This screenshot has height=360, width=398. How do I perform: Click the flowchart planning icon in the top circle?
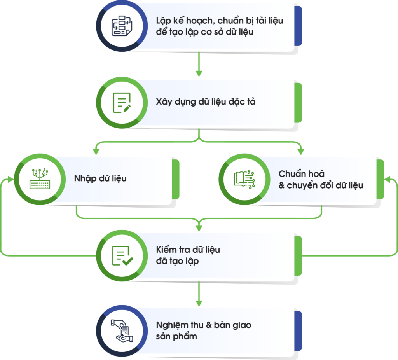click(x=122, y=26)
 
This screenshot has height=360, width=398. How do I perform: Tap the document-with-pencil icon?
click(x=122, y=103)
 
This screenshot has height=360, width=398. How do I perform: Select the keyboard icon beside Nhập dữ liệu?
click(x=40, y=178)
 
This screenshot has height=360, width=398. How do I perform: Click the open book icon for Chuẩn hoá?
click(x=244, y=179)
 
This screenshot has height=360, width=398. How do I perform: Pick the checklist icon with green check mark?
click(x=122, y=256)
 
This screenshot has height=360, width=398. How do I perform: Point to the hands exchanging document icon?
click(x=122, y=331)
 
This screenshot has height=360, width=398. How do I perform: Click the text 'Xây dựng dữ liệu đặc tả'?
click(x=206, y=102)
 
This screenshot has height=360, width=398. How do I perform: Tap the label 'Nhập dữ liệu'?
click(x=100, y=178)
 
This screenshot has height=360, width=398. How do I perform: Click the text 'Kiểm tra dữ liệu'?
click(x=188, y=250)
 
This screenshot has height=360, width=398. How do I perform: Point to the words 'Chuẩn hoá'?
click(x=302, y=174)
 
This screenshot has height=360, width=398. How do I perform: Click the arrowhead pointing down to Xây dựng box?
click(x=199, y=73)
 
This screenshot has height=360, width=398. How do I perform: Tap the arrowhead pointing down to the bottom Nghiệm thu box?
click(x=199, y=303)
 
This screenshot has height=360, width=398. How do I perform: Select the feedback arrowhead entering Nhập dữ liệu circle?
click(x=11, y=180)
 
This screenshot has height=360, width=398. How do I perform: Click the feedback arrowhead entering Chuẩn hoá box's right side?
click(x=388, y=180)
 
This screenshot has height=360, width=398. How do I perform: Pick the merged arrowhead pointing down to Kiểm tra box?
click(x=199, y=228)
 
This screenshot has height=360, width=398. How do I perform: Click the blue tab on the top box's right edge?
click(x=298, y=26)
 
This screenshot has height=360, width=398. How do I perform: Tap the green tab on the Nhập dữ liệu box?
click(x=176, y=179)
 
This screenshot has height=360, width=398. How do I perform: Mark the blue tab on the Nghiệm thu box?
click(x=298, y=331)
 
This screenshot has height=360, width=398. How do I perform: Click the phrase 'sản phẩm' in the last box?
click(x=176, y=337)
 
